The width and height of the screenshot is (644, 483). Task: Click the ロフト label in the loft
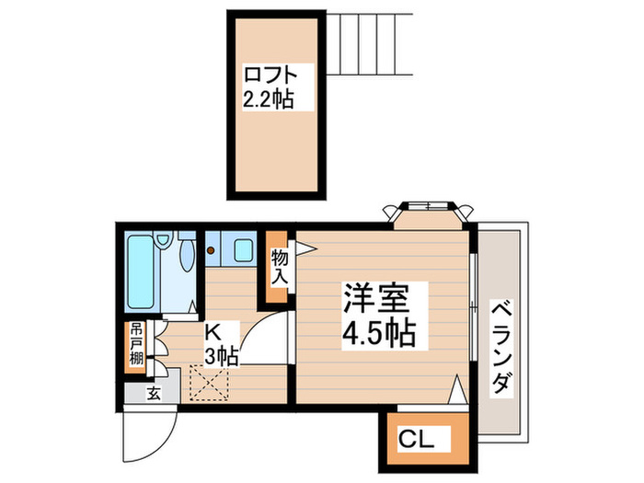tap(270, 75)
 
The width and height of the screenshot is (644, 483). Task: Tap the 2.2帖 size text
tap(269, 99)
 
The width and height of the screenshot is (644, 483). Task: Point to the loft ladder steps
tap(369, 44)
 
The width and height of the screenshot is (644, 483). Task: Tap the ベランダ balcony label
tap(502, 347)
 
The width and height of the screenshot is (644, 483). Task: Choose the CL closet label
tap(416, 440)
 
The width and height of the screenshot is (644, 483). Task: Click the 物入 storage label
tap(280, 268)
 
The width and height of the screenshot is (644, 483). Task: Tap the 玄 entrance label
tap(154, 394)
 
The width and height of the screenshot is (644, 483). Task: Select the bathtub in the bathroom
tap(141, 272)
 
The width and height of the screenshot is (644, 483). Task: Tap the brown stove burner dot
tap(211, 250)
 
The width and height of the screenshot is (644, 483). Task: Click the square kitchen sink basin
tap(245, 249)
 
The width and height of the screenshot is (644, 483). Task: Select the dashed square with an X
tap(209, 383)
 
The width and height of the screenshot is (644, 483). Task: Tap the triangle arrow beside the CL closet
tap(456, 389)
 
